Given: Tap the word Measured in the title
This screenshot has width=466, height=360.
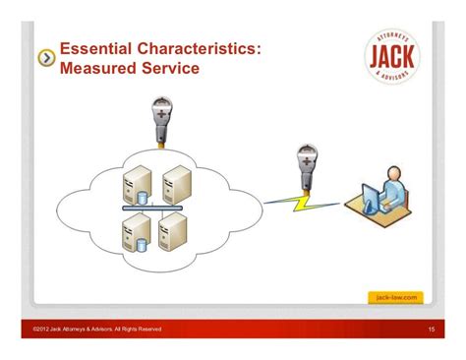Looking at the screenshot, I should pyautogui.click(x=102, y=70).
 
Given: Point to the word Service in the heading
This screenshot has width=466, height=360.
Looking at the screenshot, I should pyautogui.click(x=174, y=70).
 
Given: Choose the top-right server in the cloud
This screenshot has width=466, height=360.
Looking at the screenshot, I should pyautogui.click(x=175, y=183).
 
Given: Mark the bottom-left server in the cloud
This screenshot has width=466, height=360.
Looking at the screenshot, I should pyautogui.click(x=132, y=233).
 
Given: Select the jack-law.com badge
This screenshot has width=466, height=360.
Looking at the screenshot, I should pyautogui.click(x=397, y=296).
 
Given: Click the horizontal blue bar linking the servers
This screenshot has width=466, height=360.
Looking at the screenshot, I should pyautogui.click(x=152, y=209).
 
